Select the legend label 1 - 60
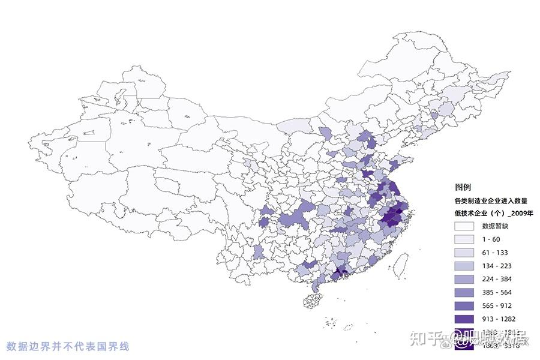click(x=491, y=239)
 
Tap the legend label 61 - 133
click(x=494, y=253)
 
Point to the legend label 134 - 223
click(x=496, y=266)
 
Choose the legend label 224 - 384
click(x=496, y=279)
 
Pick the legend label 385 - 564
click(x=496, y=292)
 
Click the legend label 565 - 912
click(x=496, y=305)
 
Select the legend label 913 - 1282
click(x=497, y=319)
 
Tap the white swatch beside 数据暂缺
click(x=466, y=227)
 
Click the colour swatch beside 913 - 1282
click(x=466, y=319)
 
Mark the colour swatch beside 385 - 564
click(x=466, y=292)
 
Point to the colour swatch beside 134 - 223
click(x=466, y=266)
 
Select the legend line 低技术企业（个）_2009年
click(x=494, y=213)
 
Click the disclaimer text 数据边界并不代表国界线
click(x=68, y=346)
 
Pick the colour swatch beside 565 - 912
click(x=466, y=305)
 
